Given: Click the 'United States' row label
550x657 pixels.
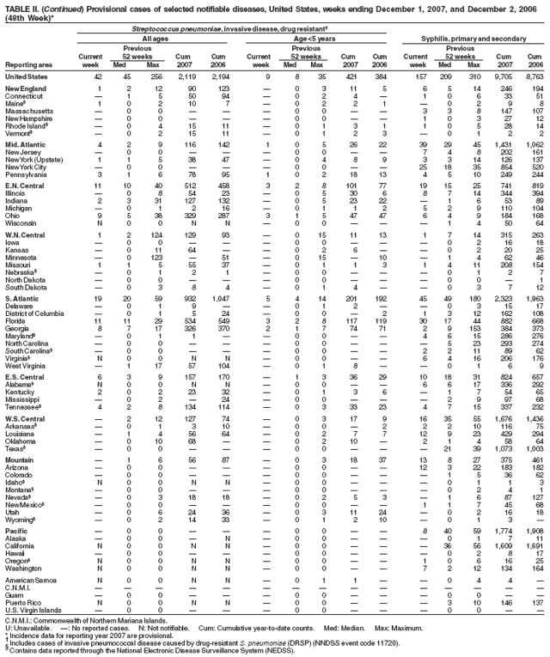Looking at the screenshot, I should pyautogui.click(x=23, y=76).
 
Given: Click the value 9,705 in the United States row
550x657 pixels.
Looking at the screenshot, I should pyautogui.click(x=505, y=76).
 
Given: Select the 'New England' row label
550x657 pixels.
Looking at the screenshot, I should pyautogui.click(x=22, y=88).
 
